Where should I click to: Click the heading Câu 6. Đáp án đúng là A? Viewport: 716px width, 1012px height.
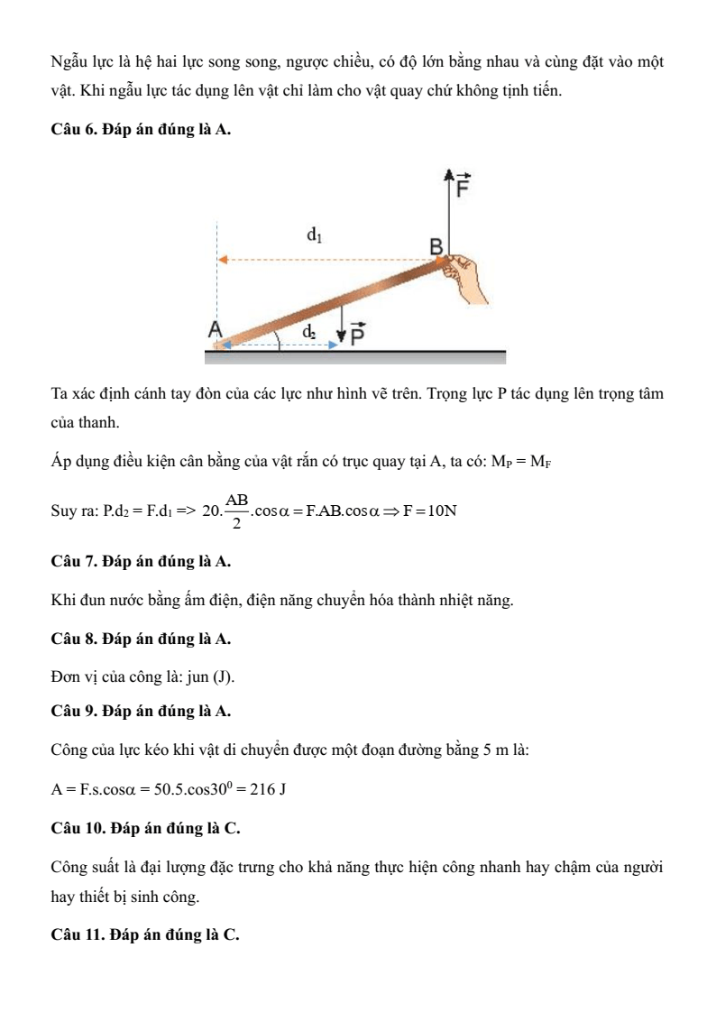coord(141,130)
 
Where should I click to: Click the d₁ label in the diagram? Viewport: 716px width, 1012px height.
coord(314,235)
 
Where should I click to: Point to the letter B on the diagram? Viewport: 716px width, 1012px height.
coord(436,247)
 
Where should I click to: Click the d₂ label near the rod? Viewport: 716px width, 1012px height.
coord(309,332)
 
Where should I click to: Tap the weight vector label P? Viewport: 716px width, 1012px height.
coord(357,335)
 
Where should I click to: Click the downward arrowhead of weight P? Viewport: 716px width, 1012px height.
coord(341,336)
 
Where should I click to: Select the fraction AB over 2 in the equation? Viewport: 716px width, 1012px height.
coord(237,511)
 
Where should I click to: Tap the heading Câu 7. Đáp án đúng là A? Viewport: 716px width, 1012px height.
coord(141,562)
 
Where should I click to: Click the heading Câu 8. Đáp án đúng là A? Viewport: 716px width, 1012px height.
coord(141,639)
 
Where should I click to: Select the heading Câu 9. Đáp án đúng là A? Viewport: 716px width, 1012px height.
coord(141,712)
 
